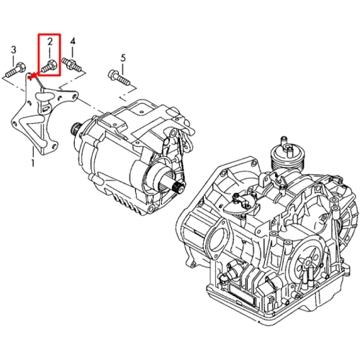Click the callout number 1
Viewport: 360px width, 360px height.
[32, 163]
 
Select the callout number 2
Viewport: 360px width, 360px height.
[50, 42]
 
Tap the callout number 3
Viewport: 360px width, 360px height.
[14, 50]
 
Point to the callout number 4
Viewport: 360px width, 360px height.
[73, 41]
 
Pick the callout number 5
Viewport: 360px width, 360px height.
[123, 58]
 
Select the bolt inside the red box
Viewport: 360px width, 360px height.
[49, 66]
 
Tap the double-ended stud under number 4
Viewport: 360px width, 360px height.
[72, 64]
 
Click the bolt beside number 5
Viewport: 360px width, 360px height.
[120, 77]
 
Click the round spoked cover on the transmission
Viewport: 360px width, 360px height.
[307, 264]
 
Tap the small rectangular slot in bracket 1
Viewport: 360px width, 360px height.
[45, 109]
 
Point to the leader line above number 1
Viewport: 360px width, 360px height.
[33, 151]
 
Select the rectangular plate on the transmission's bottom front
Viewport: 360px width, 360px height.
[243, 294]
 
